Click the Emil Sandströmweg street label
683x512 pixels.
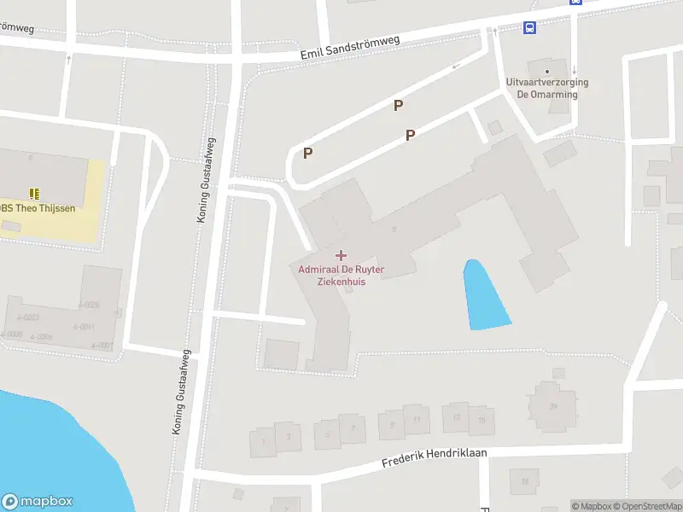tap(350, 49)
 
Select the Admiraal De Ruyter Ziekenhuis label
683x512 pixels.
tap(341, 276)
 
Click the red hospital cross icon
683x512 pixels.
tap(341, 255)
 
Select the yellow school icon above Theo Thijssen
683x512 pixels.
tap(34, 194)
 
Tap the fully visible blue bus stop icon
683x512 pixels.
tap(530, 27)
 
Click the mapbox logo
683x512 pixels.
tap(38, 502)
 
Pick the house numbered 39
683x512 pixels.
tap(553, 406)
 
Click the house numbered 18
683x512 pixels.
tap(524, 481)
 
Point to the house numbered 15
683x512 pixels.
tap(482, 420)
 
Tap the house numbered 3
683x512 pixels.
tap(289, 437)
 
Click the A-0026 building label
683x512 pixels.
tap(88, 305)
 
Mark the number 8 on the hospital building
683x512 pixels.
tap(394, 229)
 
